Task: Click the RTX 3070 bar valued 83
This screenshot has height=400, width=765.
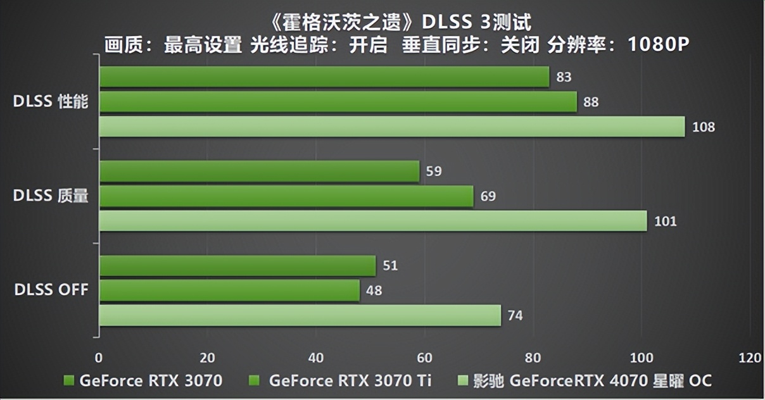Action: (x=323, y=77)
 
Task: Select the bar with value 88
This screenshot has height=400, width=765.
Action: (x=338, y=102)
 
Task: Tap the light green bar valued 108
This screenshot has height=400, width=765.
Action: (x=391, y=127)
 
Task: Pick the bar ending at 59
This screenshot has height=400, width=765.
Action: (x=259, y=171)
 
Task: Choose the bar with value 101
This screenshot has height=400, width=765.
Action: (x=372, y=221)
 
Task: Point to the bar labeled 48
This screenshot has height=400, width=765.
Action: (x=229, y=291)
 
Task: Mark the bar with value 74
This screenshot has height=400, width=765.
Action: (x=300, y=315)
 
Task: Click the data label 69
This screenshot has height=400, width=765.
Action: (x=488, y=196)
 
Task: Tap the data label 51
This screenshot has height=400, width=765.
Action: (x=390, y=266)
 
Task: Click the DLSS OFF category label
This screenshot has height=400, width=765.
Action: (x=51, y=291)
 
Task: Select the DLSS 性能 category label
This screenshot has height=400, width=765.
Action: (x=51, y=102)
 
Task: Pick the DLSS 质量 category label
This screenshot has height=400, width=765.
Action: (x=51, y=196)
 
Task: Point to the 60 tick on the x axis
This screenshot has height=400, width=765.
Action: (x=424, y=358)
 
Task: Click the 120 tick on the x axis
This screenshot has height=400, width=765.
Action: (x=750, y=358)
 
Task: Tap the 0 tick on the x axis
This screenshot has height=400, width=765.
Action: (x=99, y=358)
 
